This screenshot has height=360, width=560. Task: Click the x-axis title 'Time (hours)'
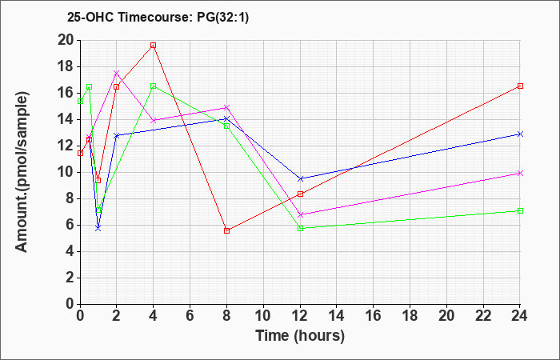(x=300, y=335)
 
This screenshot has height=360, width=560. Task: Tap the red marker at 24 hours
(x=520, y=86)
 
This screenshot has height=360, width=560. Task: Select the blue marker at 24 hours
(x=520, y=134)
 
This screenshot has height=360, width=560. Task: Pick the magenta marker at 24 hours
(x=520, y=173)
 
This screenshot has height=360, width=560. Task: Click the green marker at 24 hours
(x=520, y=210)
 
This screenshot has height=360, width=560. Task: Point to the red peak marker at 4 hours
(x=153, y=45)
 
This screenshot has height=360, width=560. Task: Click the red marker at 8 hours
(x=226, y=230)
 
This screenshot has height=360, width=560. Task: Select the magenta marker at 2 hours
(x=116, y=73)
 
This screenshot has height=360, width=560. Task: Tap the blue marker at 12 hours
(x=300, y=178)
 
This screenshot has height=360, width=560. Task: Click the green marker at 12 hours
(x=300, y=228)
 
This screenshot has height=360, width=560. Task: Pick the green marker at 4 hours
(x=153, y=86)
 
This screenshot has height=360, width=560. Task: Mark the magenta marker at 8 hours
(x=226, y=107)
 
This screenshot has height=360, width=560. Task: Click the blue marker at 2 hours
(x=116, y=135)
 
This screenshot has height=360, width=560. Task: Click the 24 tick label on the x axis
(x=520, y=316)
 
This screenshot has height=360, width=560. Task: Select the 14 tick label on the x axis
(x=337, y=316)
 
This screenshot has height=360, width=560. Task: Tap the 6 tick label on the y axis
(x=68, y=225)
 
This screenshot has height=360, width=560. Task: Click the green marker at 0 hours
(x=80, y=101)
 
